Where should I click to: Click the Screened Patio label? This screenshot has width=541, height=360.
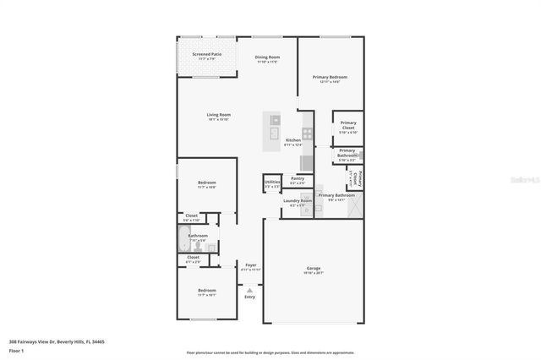pos(205,55)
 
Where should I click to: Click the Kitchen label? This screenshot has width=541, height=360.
pos(293,140)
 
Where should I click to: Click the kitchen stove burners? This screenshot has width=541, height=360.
pos(308,132)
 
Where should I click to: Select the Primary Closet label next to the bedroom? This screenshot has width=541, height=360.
pos(348,127)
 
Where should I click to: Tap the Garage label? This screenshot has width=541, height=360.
pos(314,270)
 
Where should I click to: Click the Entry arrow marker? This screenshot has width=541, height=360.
pos(249,288)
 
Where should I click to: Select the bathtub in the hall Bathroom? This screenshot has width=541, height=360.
pos(186,240)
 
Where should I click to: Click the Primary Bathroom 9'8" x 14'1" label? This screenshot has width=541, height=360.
pos(336,196)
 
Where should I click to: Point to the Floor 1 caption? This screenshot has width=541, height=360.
pos(16,350)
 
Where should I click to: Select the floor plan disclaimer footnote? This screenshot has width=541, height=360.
pos(270,352)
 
